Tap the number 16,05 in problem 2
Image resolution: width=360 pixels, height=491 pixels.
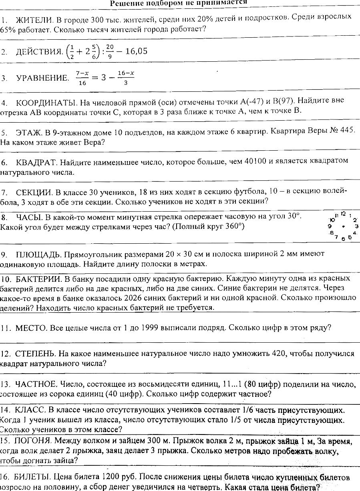click(134, 51)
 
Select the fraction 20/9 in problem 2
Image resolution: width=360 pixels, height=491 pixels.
click(110, 51)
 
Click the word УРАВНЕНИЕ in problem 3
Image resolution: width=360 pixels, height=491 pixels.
click(42, 78)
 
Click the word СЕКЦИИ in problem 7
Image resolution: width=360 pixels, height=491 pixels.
click(33, 191)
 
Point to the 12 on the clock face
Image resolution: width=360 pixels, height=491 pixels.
click(343, 214)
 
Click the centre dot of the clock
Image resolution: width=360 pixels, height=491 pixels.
click(343, 226)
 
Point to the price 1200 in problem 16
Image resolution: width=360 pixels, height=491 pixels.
click(113, 477)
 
